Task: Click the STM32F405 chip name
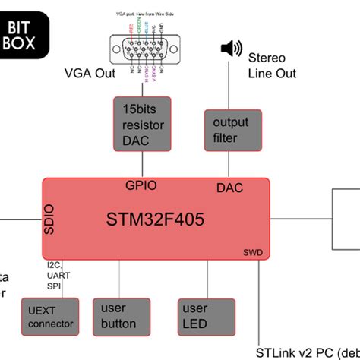click(x=155, y=220)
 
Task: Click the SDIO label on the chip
click(x=51, y=217)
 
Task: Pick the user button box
click(x=118, y=317)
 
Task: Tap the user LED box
click(x=204, y=317)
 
